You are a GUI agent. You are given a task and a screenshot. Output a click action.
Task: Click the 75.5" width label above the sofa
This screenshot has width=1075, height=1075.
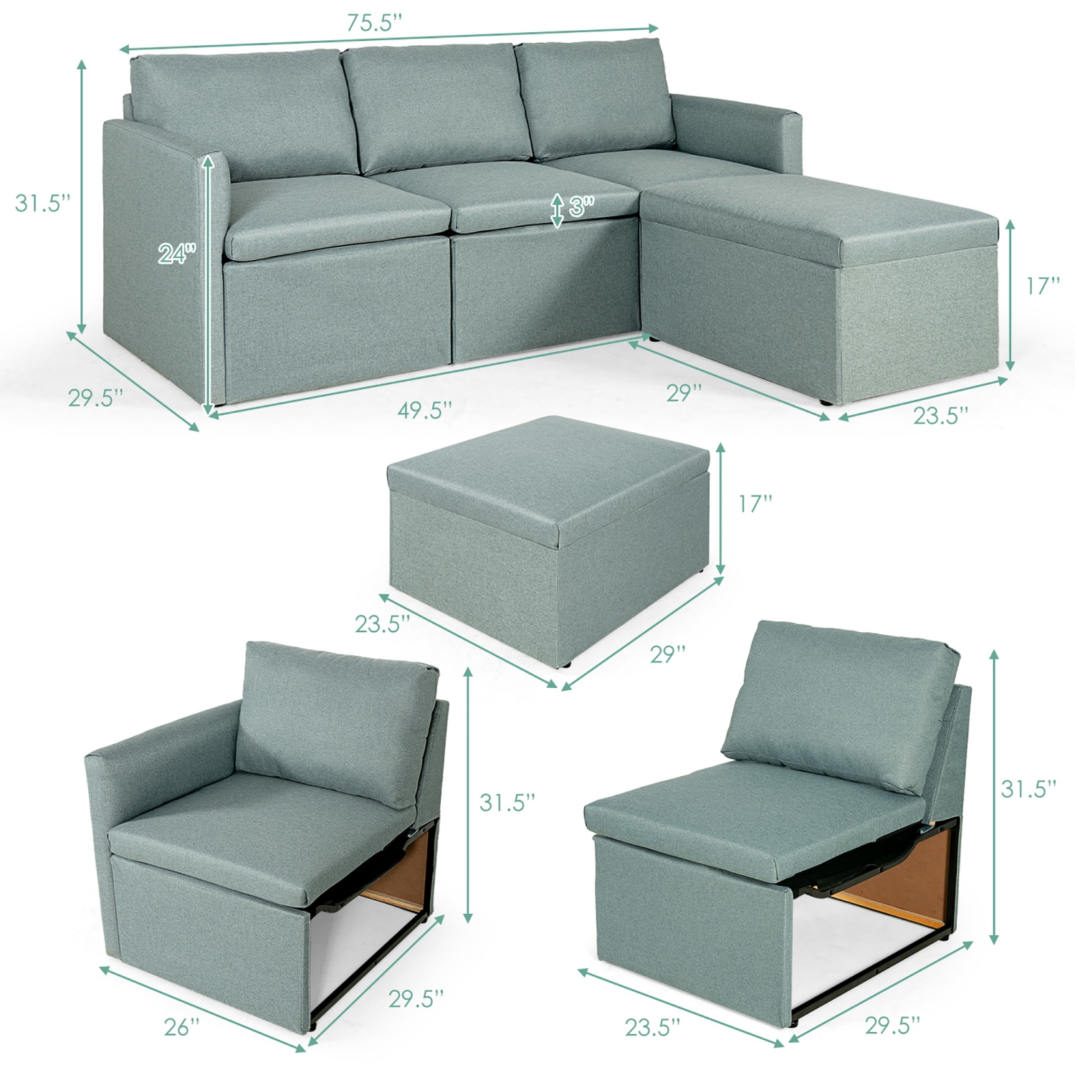coord(375,23)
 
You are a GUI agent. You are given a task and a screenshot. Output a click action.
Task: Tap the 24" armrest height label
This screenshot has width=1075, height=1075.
coord(176,252)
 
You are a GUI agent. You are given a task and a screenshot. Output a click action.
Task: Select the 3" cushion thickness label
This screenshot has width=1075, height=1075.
coord(581,207)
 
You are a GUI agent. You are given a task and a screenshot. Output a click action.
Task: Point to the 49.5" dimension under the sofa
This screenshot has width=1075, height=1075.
coord(425,410)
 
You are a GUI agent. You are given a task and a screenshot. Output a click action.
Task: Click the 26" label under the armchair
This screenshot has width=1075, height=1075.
coord(182,1027)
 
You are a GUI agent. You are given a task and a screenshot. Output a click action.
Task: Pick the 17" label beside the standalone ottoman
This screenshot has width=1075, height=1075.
coord(755,503)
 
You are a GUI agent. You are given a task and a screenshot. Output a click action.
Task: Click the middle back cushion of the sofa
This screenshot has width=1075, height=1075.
coord(436,107)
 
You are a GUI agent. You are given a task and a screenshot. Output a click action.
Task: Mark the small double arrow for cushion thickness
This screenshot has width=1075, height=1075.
coord(557,210)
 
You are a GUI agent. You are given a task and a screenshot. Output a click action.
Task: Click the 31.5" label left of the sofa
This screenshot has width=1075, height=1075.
coord(43,203)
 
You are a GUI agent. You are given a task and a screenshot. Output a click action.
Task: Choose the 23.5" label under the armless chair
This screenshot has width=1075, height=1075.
coord(652,1027)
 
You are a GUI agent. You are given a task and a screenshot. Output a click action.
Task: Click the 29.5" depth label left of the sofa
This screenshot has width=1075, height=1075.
coord(96,397)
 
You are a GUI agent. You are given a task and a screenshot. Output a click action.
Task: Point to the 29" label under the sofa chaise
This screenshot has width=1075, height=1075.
coord(684,393)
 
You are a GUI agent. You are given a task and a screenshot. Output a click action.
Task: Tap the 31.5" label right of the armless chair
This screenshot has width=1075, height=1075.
coord(1028,788)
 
